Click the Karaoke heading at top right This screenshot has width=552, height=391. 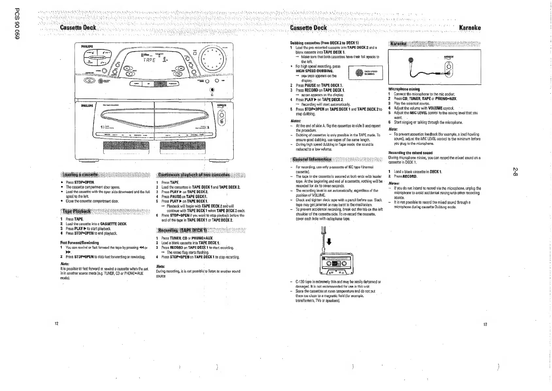coord(470,28)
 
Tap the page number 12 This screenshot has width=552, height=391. coord(56,324)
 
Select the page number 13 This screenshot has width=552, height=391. coord(485,324)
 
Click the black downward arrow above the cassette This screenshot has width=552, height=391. coord(329,242)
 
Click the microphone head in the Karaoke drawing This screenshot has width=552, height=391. coord(411,60)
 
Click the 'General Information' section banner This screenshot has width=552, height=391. coord(312,160)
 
